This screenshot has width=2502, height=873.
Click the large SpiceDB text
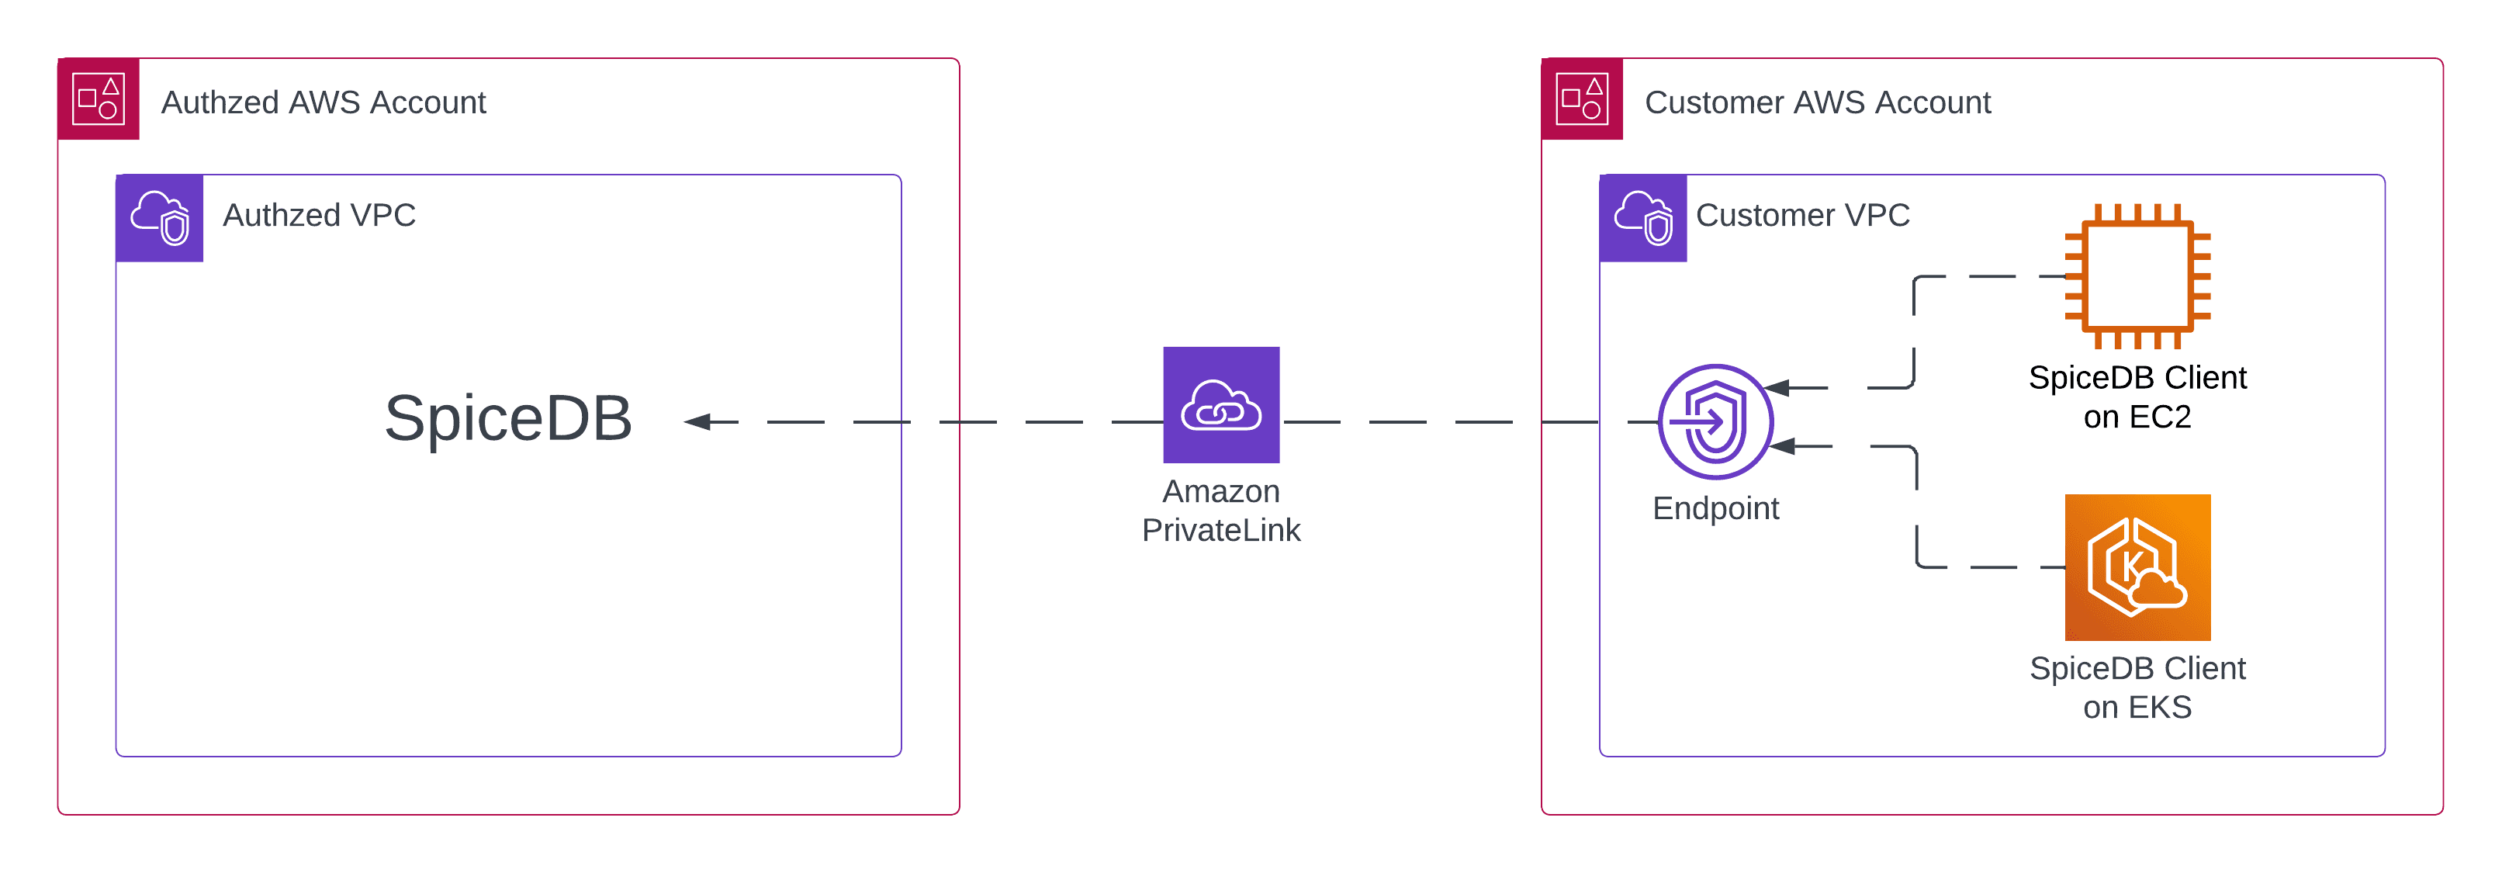(x=508, y=418)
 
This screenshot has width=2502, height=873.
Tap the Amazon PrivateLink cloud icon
(x=1221, y=404)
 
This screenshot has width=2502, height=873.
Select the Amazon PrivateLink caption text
(x=1221, y=511)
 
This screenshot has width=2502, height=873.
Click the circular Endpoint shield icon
(x=1715, y=421)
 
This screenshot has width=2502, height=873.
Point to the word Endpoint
(x=1715, y=508)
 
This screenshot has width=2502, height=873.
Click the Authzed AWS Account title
(x=323, y=102)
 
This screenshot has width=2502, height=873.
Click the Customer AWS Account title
(x=1817, y=102)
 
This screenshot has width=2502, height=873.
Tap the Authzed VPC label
(x=319, y=215)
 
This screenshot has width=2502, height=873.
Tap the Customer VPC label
(x=1801, y=215)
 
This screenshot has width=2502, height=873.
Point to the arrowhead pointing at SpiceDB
(x=697, y=421)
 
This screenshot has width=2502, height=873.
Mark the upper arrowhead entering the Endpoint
(x=1777, y=387)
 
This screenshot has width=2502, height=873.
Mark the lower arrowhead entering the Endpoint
(x=1781, y=445)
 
